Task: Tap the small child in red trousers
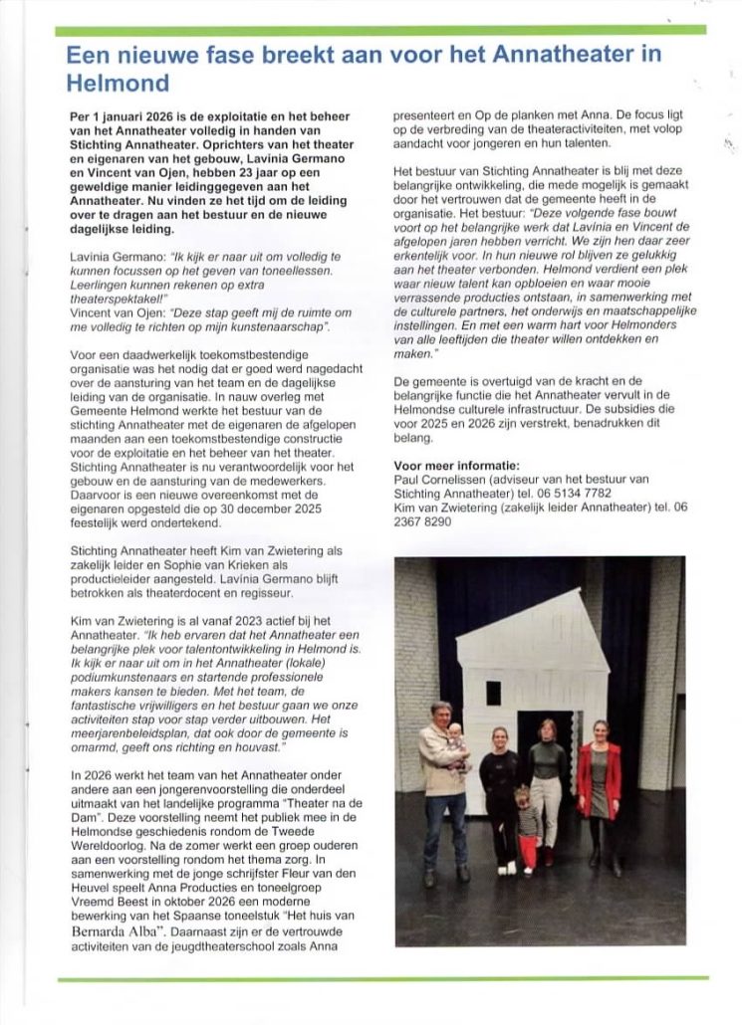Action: coord(527,826)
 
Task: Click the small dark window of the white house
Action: coord(493,693)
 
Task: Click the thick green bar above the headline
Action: coord(379,29)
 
